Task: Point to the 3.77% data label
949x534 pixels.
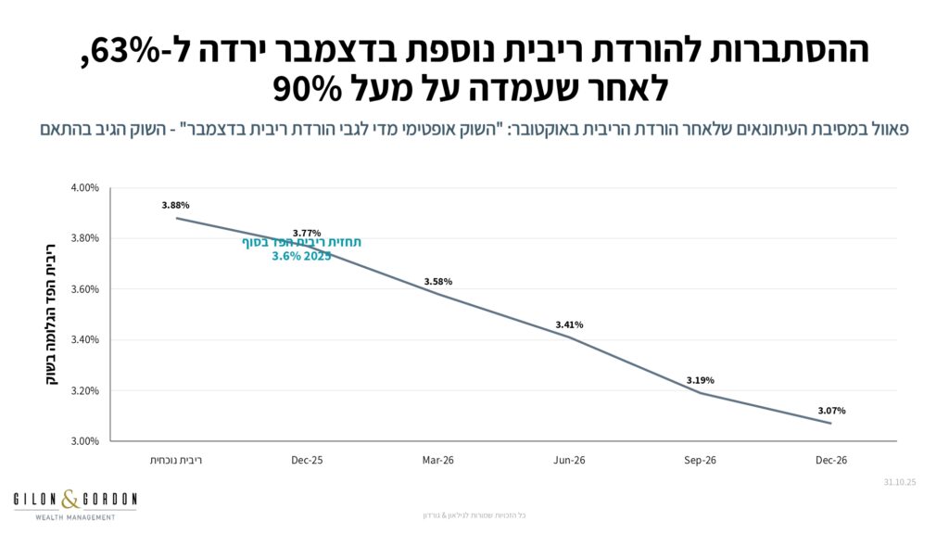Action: [x=306, y=233]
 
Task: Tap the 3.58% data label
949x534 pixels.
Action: [x=437, y=281]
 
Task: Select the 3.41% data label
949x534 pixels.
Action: [x=569, y=324]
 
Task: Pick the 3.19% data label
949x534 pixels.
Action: [x=701, y=380]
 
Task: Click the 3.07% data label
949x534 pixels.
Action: [x=831, y=410]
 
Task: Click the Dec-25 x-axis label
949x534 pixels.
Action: [x=306, y=460]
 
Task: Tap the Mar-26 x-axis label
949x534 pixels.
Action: [x=437, y=460]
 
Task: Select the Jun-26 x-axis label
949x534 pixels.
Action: [x=569, y=460]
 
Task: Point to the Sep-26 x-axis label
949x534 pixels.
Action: [x=701, y=460]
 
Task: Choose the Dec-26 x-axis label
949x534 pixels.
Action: [x=831, y=460]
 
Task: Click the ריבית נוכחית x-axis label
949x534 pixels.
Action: [x=175, y=460]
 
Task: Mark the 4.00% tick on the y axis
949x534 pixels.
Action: [x=84, y=188]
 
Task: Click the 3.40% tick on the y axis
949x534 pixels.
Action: [x=84, y=340]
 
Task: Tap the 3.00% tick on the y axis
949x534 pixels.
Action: [x=84, y=441]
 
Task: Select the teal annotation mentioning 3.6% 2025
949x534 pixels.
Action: [x=302, y=249]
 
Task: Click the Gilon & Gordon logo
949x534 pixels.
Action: [x=75, y=505]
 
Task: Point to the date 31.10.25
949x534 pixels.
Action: [x=898, y=481]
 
